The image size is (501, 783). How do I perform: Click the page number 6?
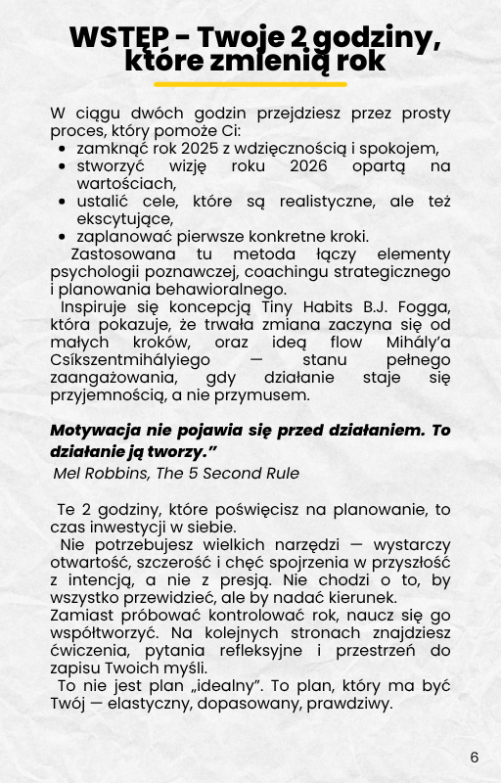coord(475,758)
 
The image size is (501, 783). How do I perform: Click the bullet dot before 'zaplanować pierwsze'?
coord(63,237)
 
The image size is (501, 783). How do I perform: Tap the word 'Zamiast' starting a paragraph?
coord(76,615)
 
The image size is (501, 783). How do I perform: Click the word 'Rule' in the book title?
coord(282,473)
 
